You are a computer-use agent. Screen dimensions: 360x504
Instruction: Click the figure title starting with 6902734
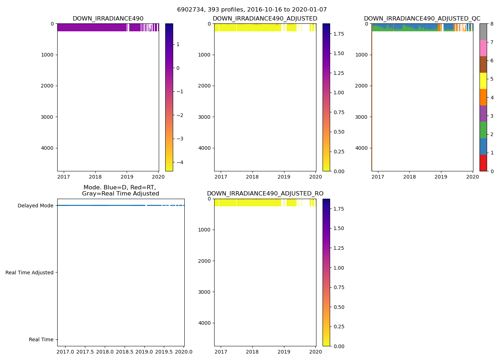[252, 10]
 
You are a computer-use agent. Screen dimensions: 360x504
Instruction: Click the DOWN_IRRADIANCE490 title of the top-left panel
[108, 19]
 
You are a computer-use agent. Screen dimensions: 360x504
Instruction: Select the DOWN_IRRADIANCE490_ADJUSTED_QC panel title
[422, 19]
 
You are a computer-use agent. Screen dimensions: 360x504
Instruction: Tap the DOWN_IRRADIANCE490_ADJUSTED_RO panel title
[265, 194]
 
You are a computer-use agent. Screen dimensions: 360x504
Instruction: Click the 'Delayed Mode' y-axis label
[35, 206]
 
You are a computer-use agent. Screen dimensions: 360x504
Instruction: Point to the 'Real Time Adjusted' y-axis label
[30, 273]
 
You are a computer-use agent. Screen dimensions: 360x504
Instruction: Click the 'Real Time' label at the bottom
[41, 339]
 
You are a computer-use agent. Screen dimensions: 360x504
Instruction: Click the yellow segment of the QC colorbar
[483, 81]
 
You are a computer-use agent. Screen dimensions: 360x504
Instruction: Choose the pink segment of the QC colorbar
[483, 48]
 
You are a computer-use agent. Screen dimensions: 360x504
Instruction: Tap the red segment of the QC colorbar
[483, 163]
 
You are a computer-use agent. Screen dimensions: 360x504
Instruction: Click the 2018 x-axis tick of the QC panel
[409, 177]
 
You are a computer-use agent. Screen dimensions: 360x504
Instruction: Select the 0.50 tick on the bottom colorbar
[339, 307]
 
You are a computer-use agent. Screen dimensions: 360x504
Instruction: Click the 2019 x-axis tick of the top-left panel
[127, 177]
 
